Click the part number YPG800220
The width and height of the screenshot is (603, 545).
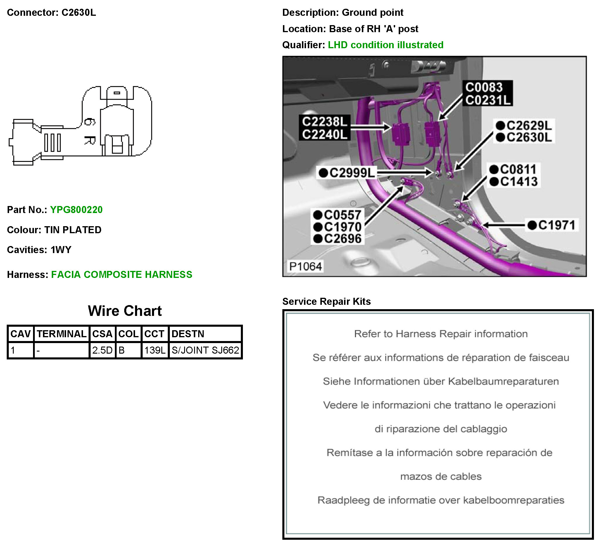pyautogui.click(x=76, y=210)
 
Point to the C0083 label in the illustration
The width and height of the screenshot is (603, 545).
pyautogui.click(x=484, y=87)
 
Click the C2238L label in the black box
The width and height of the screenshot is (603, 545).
pyautogui.click(x=324, y=122)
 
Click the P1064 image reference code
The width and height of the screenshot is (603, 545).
pyautogui.click(x=305, y=266)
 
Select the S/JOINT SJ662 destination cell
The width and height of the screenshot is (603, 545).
pyautogui.click(x=205, y=350)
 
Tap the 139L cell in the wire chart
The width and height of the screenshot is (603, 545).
pyautogui.click(x=155, y=350)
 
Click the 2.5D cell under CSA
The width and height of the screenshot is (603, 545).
pyautogui.click(x=102, y=350)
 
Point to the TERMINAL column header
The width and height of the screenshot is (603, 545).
pyautogui.click(x=62, y=334)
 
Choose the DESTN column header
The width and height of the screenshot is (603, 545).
pyautogui.click(x=188, y=334)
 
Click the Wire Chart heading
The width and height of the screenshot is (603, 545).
pyautogui.click(x=125, y=311)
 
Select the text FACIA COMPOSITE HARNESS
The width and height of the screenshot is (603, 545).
pyautogui.click(x=122, y=274)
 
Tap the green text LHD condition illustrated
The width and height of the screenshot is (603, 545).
pyautogui.click(x=386, y=45)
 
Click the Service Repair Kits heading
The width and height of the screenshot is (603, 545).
pyautogui.click(x=326, y=301)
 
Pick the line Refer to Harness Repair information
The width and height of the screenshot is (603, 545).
pyautogui.click(x=440, y=334)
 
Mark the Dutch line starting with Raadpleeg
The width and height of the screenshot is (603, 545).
pyautogui.click(x=440, y=500)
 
